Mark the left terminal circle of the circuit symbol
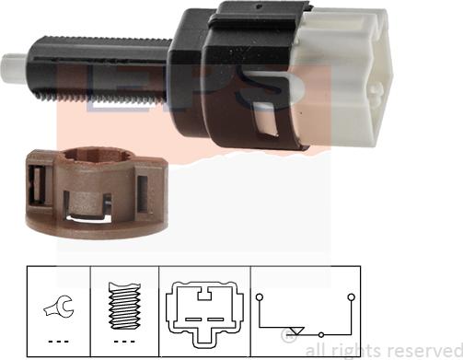[x=260, y=297]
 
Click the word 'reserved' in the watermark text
[x=422, y=349]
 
